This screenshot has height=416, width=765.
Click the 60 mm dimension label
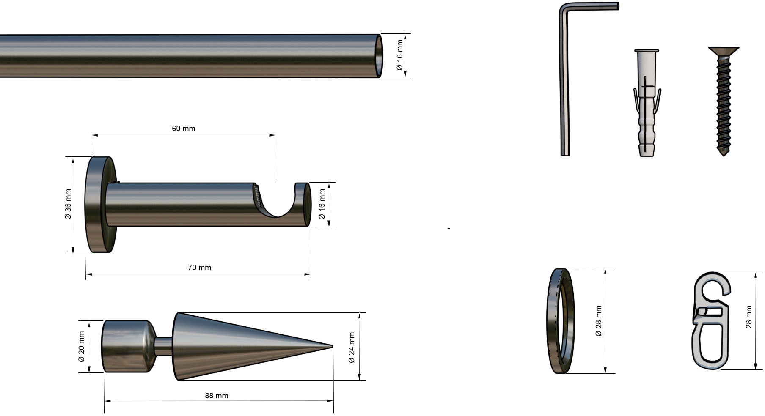(183, 128)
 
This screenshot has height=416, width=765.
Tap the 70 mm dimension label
(199, 268)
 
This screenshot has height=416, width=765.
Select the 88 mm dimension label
(216, 396)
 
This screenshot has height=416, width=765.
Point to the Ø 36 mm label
(68, 204)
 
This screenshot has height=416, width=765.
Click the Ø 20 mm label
(81, 347)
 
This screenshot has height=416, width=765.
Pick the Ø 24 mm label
(351, 348)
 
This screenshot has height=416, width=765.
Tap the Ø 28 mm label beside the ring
(598, 321)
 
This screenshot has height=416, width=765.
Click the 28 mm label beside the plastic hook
(749, 317)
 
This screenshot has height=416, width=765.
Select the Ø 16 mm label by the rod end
(399, 55)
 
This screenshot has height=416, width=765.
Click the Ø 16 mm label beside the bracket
(322, 204)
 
